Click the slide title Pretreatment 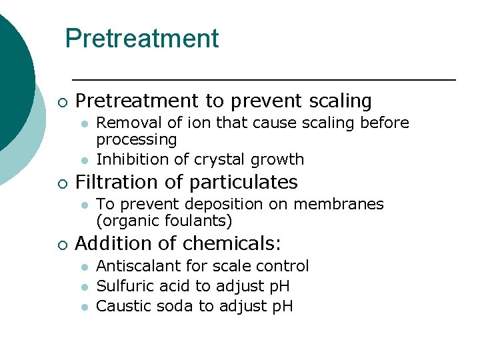(141, 39)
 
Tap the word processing (137, 140)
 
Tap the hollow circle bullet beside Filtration (61, 183)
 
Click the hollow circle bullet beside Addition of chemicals (61, 245)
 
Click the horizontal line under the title (263, 80)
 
